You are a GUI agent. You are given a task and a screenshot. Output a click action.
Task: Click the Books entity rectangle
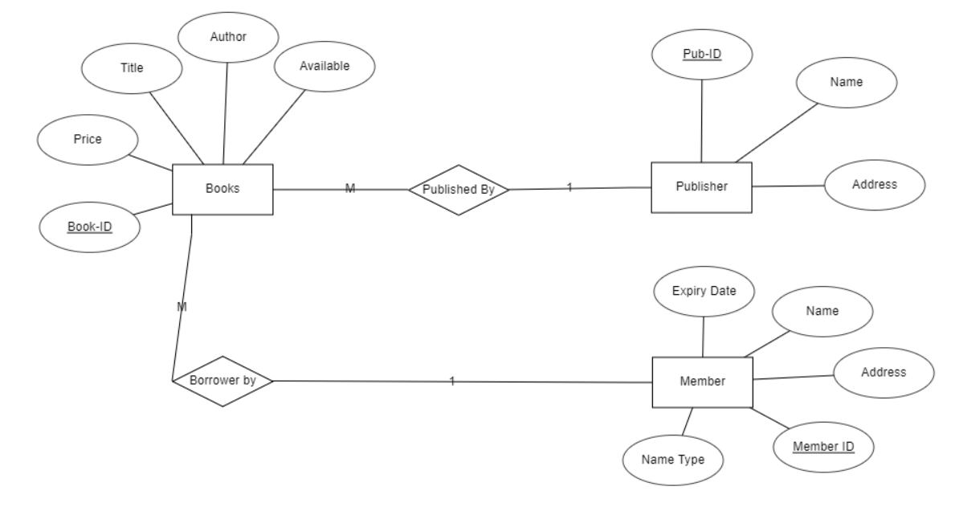pyautogui.click(x=222, y=190)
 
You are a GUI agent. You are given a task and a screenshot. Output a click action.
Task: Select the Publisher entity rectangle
pyautogui.click(x=701, y=187)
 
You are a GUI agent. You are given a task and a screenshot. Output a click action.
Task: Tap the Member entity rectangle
pyautogui.click(x=702, y=382)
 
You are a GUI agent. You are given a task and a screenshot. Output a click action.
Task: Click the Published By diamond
pyautogui.click(x=458, y=190)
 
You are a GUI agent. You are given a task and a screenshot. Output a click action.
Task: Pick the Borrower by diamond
pyautogui.click(x=222, y=381)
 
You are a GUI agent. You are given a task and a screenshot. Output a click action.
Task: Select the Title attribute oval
pyautogui.click(x=132, y=67)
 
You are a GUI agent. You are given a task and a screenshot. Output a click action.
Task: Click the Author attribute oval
pyautogui.click(x=227, y=38)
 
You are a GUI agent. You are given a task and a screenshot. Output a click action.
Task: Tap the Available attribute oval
pyautogui.click(x=324, y=67)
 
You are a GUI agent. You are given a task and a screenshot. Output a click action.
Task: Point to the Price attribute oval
pyautogui.click(x=87, y=139)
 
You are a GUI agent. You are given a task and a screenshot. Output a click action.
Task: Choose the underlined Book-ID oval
pyautogui.click(x=89, y=227)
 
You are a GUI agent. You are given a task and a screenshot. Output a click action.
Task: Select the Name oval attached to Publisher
pyautogui.click(x=845, y=82)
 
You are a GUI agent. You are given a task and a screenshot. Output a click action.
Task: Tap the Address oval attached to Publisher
pyautogui.click(x=874, y=185)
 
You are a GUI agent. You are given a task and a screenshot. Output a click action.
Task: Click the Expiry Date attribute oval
pyautogui.click(x=704, y=292)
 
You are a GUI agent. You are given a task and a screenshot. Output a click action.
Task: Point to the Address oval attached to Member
pyautogui.click(x=884, y=373)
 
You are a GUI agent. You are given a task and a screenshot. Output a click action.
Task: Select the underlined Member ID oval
pyautogui.click(x=822, y=446)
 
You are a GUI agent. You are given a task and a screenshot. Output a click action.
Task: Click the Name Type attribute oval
pyautogui.click(x=673, y=460)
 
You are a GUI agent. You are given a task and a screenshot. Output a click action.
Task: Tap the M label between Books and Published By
pyautogui.click(x=350, y=189)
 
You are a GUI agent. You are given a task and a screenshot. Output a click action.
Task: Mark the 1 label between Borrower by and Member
pyautogui.click(x=452, y=381)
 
